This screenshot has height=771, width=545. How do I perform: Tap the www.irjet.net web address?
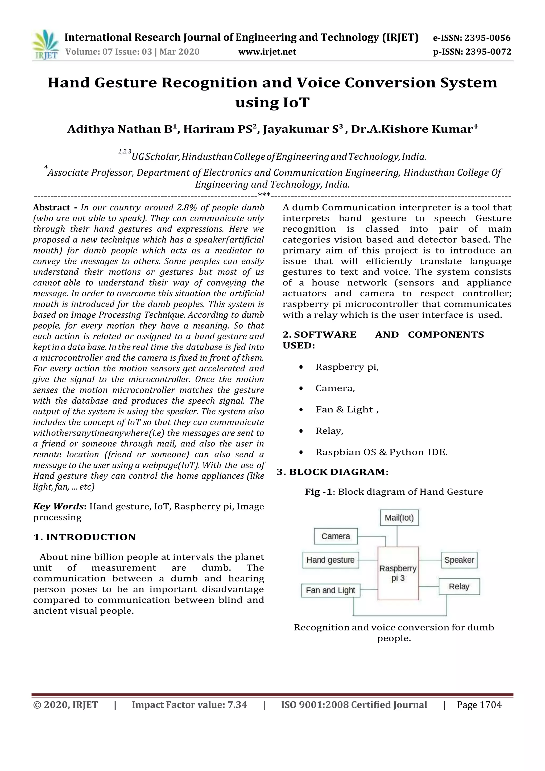267,52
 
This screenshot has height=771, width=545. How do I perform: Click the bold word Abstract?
52,207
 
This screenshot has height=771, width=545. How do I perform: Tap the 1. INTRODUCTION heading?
85,537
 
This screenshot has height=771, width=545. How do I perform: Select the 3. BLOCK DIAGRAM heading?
333,472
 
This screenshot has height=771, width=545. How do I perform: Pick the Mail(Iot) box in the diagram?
399,518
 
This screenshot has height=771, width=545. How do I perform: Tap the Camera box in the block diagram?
336,536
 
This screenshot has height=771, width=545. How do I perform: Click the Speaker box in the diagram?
459,560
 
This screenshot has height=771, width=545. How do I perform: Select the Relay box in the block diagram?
459,586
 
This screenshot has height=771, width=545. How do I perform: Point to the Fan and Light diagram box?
330,590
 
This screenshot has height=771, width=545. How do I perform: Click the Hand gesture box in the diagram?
330,560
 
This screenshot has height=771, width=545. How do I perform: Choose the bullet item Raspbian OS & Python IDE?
382,452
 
